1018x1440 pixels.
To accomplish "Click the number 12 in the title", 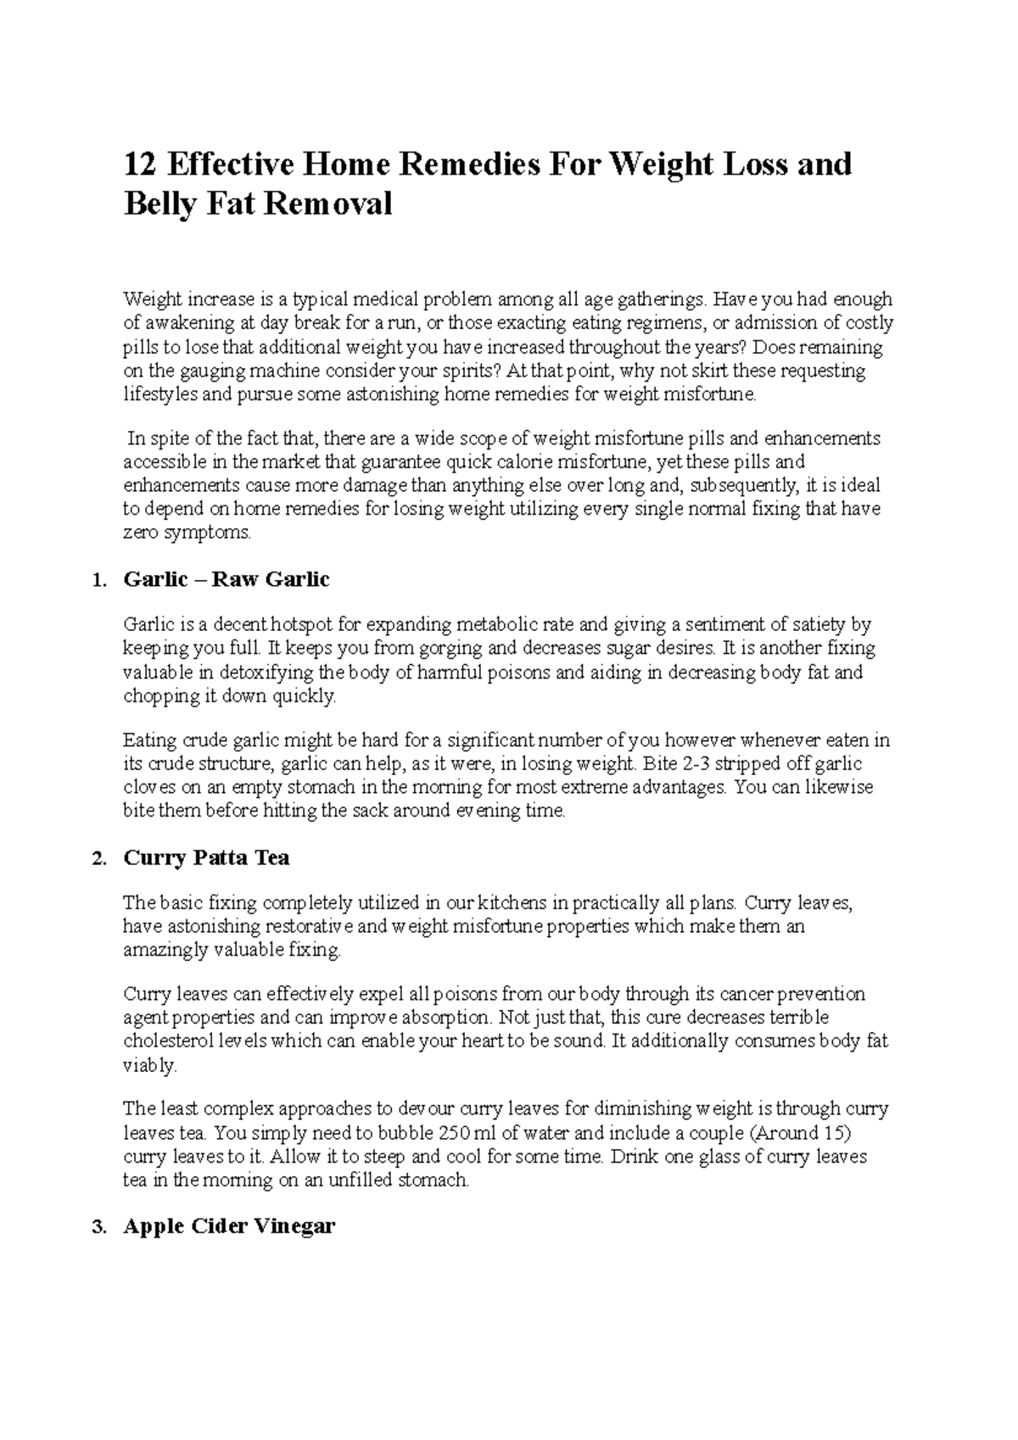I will [141, 163].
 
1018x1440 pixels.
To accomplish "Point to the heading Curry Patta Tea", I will [206, 857].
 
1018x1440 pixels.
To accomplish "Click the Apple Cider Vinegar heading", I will [229, 1225].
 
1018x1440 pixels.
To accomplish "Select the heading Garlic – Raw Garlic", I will [226, 579].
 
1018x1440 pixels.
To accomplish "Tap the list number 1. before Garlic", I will [99, 580].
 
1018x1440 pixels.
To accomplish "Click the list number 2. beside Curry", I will [99, 858].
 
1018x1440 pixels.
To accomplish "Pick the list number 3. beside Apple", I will [99, 1226].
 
